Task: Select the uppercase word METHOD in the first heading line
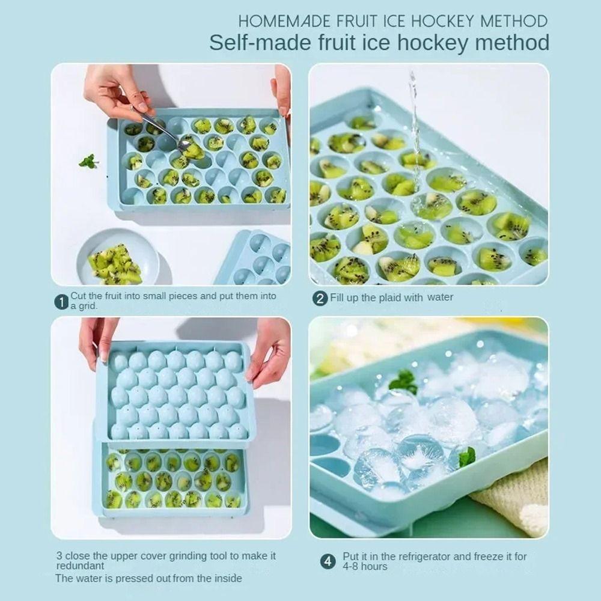(x=514, y=21)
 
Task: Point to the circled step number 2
(x=321, y=298)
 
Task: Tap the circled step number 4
(x=327, y=561)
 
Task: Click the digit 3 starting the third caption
(x=59, y=556)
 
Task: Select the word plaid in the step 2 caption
(x=397, y=297)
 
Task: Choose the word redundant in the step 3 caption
(x=81, y=566)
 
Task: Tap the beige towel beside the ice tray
(x=517, y=499)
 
